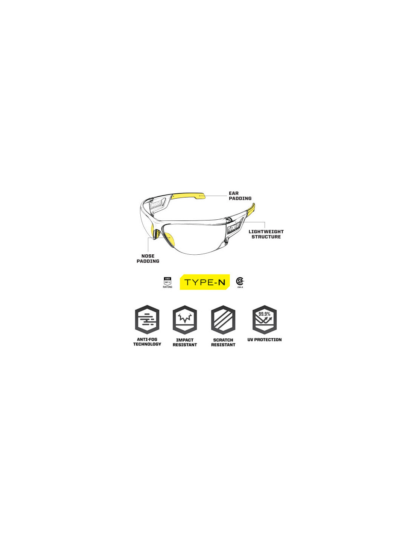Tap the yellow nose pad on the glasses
pyautogui.click(x=157, y=234)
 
